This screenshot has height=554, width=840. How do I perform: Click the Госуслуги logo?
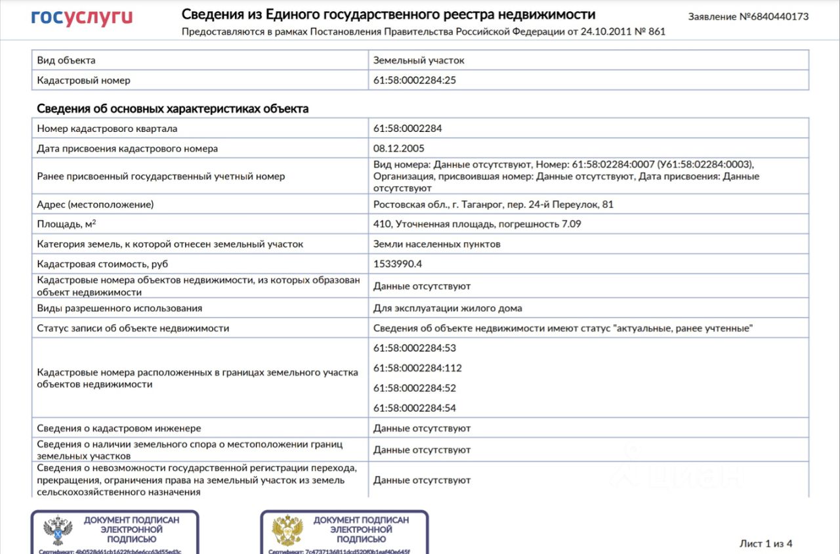(x=81, y=17)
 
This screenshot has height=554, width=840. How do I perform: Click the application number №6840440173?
(x=748, y=16)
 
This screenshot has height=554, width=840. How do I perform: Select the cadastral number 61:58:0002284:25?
(x=414, y=80)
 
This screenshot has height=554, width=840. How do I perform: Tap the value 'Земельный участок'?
(x=419, y=60)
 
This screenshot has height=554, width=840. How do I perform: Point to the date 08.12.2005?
(x=399, y=148)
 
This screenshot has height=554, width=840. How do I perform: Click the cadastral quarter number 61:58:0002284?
(x=408, y=129)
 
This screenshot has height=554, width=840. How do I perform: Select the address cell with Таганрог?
(x=493, y=204)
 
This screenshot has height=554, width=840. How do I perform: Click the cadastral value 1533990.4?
(x=397, y=264)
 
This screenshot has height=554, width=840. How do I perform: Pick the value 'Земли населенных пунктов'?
(x=436, y=244)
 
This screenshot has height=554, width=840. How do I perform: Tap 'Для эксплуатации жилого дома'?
(x=448, y=308)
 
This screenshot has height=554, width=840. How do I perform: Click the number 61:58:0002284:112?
(x=417, y=368)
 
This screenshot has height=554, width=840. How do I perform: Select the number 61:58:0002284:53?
(x=414, y=348)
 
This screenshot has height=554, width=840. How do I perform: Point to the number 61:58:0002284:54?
(x=414, y=408)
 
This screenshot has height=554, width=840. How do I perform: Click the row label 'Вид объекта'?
(x=66, y=60)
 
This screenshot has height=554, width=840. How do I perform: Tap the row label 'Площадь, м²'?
(x=66, y=224)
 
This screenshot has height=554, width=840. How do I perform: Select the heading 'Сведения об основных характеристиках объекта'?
(x=173, y=108)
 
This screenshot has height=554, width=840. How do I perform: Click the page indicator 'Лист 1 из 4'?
(x=766, y=543)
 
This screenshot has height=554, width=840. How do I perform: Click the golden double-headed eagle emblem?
(x=287, y=530)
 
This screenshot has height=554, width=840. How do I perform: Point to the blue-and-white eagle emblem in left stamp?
(x=57, y=530)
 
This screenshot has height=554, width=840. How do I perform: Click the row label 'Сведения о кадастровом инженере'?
(x=119, y=428)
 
